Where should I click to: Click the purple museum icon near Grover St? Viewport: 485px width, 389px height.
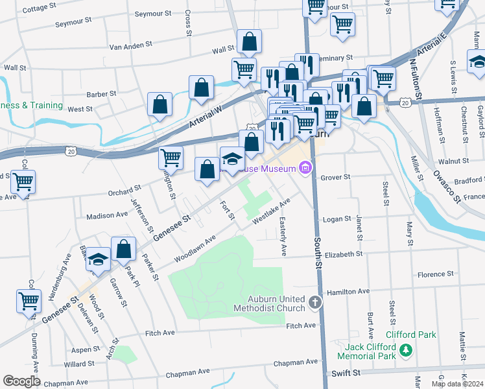[x=305, y=169]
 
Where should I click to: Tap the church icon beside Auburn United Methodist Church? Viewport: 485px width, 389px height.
[x=314, y=302]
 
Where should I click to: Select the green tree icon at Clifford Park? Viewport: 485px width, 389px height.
[x=406, y=351]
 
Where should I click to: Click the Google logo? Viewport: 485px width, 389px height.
[x=21, y=381]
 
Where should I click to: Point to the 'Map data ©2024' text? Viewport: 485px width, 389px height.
[x=456, y=384]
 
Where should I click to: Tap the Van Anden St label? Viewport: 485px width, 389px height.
[x=130, y=46]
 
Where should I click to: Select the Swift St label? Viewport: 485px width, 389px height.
[x=346, y=373]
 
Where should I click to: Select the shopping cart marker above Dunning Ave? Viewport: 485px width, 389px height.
[x=29, y=301]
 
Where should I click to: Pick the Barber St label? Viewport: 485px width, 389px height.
[x=101, y=93]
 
